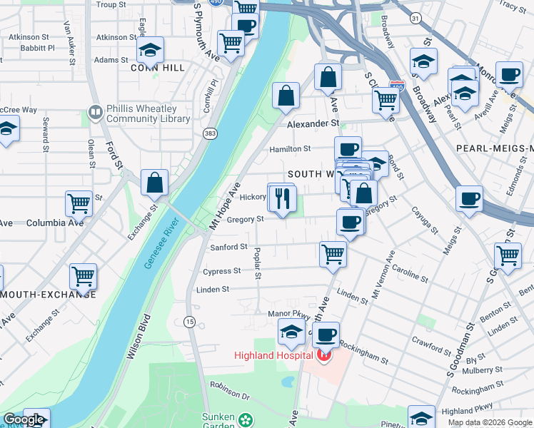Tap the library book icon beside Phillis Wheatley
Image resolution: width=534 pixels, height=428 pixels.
tap(94, 113)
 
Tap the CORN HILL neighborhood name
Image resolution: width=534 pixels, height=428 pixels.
tap(158, 68)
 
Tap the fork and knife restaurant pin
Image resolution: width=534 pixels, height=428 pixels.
tap(283, 198)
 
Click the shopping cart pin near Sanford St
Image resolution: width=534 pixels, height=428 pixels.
tap(333, 253)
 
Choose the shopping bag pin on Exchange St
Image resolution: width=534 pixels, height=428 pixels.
tap(154, 183)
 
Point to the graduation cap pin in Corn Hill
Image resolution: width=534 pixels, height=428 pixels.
tap(150, 49)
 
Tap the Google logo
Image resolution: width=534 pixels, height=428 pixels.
tap(24, 419)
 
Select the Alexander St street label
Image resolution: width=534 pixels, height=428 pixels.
tap(313, 123)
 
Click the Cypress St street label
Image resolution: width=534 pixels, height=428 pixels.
tap(221, 271)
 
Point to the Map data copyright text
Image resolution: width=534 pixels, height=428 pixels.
tap(490, 422)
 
